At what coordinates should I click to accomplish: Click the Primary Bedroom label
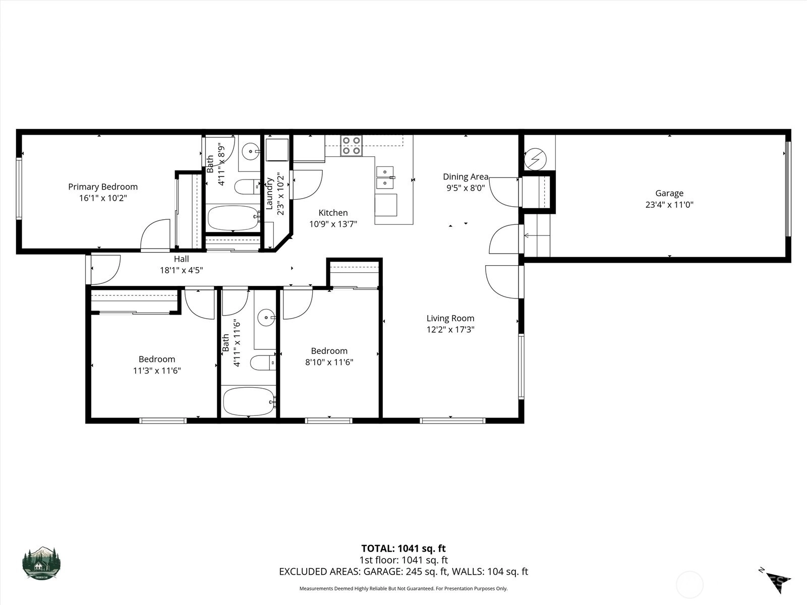103,187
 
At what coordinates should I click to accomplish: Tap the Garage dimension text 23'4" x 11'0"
669,205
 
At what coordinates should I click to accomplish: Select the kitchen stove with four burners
351,146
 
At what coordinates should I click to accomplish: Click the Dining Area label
466,176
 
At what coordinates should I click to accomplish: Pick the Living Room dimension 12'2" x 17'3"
450,330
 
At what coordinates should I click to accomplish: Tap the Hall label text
181,259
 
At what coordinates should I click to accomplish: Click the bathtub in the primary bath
233,218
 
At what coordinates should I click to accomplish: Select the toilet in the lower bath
263,363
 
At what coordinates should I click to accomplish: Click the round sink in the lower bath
266,318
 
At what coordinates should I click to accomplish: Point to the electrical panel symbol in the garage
535,159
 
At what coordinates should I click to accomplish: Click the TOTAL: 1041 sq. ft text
403,549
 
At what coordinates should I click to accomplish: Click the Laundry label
269,194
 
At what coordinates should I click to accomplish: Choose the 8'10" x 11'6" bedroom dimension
329,362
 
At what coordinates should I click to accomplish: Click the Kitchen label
333,213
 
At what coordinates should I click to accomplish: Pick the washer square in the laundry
277,150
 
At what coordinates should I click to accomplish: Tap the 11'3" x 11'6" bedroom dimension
157,371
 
